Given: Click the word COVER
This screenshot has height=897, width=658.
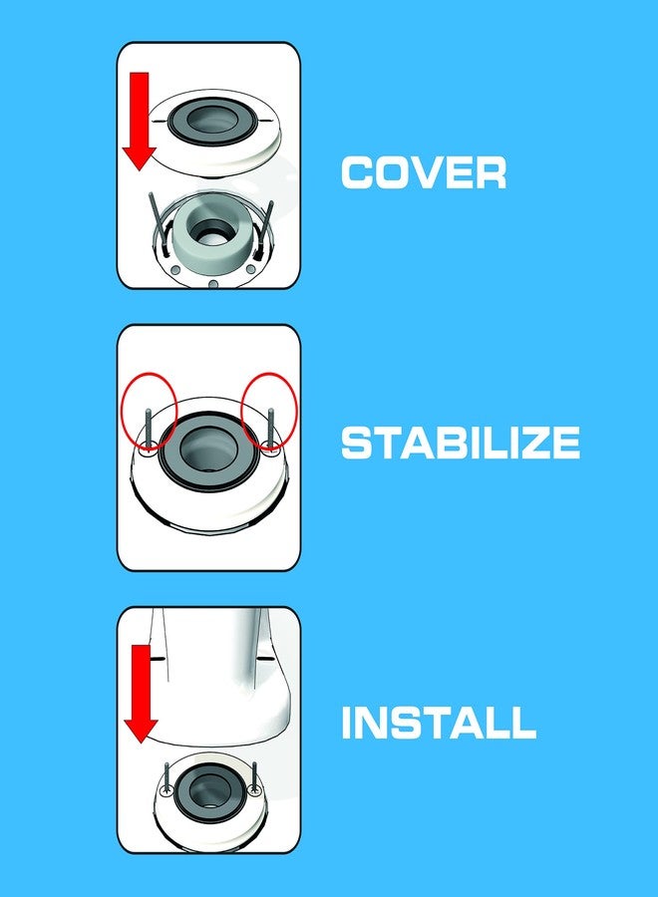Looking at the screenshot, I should [x=423, y=173].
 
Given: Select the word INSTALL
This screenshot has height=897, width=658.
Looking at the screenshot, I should [x=438, y=723].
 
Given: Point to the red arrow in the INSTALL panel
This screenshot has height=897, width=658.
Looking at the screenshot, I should [x=140, y=693].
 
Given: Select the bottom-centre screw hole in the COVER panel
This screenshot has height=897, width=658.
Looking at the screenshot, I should [x=213, y=283].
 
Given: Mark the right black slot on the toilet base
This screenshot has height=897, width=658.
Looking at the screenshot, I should [x=265, y=659].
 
